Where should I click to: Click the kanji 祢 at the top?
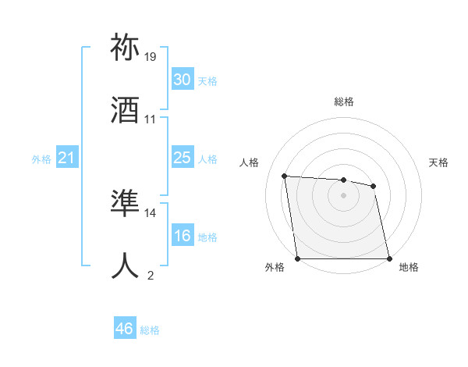pyautogui.click(x=126, y=48)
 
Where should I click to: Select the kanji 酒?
pyautogui.click(x=126, y=112)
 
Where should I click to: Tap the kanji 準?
pyautogui.click(x=126, y=204)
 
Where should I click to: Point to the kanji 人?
pyautogui.click(x=126, y=265)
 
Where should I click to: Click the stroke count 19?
pyautogui.click(x=151, y=57)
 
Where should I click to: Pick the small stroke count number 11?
pyautogui.click(x=151, y=119)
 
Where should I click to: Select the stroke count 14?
pyautogui.click(x=151, y=212)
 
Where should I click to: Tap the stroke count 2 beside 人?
pyautogui.click(x=151, y=275)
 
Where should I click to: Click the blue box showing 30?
pyautogui.click(x=182, y=80)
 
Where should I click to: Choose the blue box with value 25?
pyautogui.click(x=182, y=158)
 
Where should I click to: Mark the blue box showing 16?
pyautogui.click(x=182, y=236)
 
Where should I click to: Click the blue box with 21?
pyautogui.click(x=66, y=159)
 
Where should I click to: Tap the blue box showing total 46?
pyautogui.click(x=125, y=330)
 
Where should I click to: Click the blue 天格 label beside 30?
pyautogui.click(x=207, y=81)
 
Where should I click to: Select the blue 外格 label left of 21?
pyautogui.click(x=41, y=159)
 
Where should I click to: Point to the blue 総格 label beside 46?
pyautogui.click(x=150, y=330)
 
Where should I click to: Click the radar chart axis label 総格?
pyautogui.click(x=344, y=102)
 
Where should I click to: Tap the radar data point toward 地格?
pyautogui.click(x=389, y=258)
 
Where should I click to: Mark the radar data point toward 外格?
pyautogui.click(x=298, y=258)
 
